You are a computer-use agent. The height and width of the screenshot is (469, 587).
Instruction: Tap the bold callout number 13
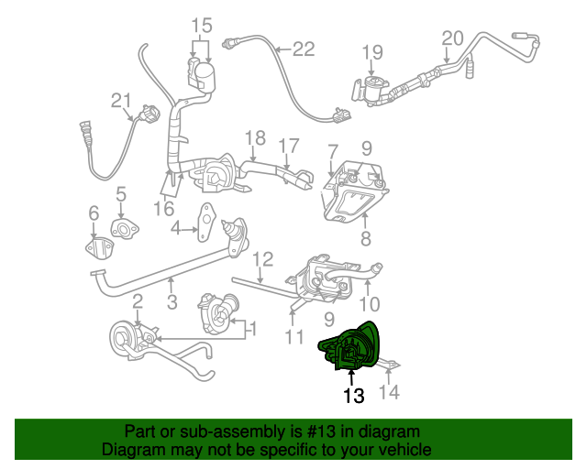coord(353,396)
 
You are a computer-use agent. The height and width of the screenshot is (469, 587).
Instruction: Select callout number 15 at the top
coord(201,25)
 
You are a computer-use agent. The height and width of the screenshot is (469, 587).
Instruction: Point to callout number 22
coord(303,49)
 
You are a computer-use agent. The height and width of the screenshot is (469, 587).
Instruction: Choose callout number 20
coord(453,38)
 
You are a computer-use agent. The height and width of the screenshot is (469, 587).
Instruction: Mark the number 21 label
coord(122,101)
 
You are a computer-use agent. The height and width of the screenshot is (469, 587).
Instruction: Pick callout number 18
coord(255,138)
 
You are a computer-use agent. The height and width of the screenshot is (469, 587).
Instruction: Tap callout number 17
coord(289,145)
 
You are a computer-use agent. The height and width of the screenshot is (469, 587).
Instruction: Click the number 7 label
coord(332,148)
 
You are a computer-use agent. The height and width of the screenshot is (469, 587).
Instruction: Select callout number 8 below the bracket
coord(366,240)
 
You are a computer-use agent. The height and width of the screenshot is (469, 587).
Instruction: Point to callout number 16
coord(163,209)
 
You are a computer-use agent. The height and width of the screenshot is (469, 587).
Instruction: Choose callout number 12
coord(262,259)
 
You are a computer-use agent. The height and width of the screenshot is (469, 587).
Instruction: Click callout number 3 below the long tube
coord(172,301)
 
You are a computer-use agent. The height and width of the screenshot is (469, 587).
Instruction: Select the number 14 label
coord(391,394)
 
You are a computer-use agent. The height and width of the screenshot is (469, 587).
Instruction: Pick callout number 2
coord(137,301)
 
